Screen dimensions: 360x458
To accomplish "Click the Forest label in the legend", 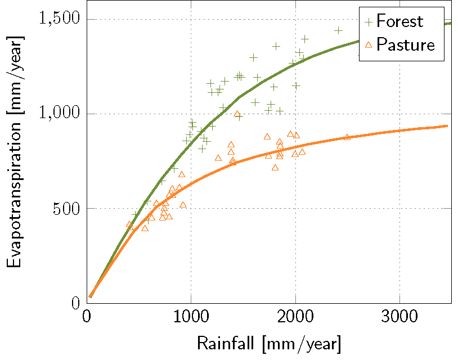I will pos(399,21).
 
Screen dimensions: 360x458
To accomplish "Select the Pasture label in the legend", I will pos(406,44).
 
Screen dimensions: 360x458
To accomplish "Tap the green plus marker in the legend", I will pos(369,22).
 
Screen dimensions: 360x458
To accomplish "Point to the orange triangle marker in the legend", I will pos(369,45).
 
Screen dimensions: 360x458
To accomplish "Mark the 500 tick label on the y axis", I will pos(68,209).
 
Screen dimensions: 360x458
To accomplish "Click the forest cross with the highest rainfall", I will pos(338,30).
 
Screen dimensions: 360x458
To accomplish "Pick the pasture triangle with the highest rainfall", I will pos(347,137).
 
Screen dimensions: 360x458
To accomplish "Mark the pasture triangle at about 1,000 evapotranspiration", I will pos(237,114).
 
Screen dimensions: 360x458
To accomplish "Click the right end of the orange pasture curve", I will pos(447,126).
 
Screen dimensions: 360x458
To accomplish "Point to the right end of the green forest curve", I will pos(451,23).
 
